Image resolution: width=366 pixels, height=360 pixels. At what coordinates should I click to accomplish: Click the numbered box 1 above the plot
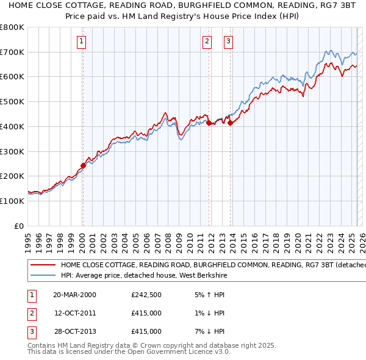82,41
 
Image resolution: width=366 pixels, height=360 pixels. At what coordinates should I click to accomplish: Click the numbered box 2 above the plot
207,41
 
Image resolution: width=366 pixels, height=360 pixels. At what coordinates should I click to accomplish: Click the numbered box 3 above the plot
229,41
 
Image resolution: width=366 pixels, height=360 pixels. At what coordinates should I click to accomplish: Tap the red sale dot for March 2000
83,165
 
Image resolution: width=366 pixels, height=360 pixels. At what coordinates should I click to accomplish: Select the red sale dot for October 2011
209,123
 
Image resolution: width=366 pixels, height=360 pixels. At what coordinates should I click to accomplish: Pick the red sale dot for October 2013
231,123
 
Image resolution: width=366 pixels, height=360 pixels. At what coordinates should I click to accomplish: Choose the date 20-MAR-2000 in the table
74,295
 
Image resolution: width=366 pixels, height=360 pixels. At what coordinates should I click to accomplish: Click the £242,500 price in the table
146,295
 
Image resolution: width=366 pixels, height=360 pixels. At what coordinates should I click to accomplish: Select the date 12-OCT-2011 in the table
74,313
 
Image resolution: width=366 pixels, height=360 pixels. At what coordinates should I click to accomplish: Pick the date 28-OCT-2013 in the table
74,331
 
